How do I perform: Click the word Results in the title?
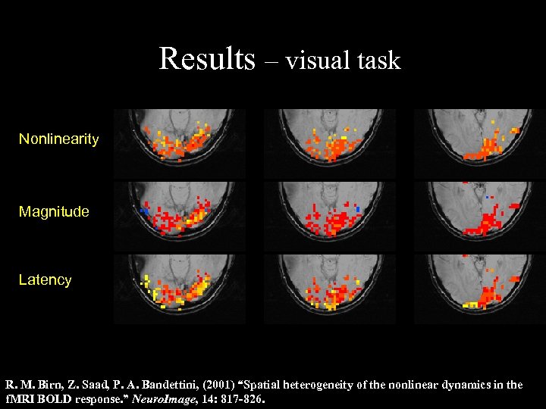click(x=206, y=58)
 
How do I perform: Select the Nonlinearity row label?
click(x=58, y=139)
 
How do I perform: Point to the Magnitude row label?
click(x=54, y=212)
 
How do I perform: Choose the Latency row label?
click(x=45, y=280)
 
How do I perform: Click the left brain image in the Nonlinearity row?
click(x=179, y=143)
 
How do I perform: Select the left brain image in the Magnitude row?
click(x=179, y=215)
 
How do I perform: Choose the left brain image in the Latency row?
click(x=179, y=289)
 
